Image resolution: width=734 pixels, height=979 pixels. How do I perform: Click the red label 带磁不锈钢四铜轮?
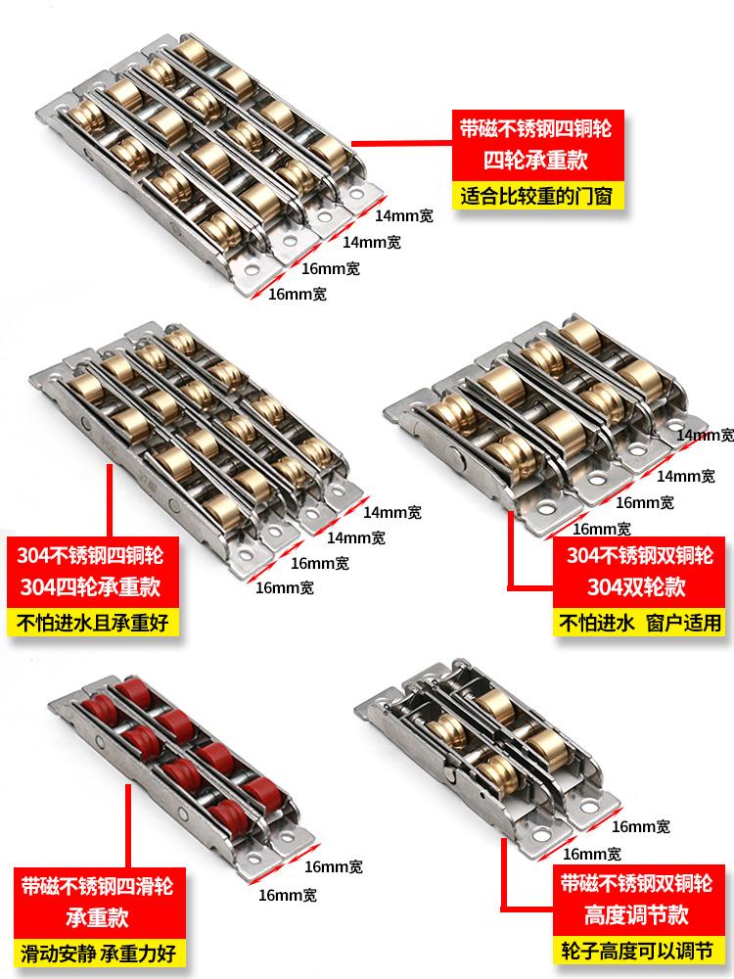click(535, 128)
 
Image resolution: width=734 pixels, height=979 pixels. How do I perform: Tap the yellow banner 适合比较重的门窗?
click(536, 196)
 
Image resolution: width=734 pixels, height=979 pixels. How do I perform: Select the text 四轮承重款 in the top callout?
click(535, 161)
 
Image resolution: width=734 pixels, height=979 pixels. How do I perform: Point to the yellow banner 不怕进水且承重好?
click(93, 623)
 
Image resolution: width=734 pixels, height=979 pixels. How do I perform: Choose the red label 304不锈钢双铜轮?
click(639, 555)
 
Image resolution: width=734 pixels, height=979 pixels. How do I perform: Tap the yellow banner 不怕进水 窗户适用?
click(639, 623)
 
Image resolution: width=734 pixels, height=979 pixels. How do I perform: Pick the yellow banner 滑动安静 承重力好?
click(99, 954)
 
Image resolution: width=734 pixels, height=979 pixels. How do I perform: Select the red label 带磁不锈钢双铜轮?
click(636, 883)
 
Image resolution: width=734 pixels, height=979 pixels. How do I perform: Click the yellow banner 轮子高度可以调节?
click(637, 951)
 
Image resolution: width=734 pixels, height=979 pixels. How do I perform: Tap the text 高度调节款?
click(636, 914)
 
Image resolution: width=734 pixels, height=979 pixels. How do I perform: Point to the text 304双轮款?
click(637, 586)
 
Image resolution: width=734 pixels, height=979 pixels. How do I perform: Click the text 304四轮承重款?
click(90, 586)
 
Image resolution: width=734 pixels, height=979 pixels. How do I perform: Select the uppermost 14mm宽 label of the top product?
click(404, 216)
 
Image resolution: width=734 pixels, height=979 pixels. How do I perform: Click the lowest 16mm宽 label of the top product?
click(298, 294)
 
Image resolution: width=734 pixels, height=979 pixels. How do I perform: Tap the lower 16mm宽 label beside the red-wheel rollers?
click(288, 896)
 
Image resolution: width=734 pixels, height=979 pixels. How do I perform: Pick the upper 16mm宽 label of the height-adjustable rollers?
click(641, 826)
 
